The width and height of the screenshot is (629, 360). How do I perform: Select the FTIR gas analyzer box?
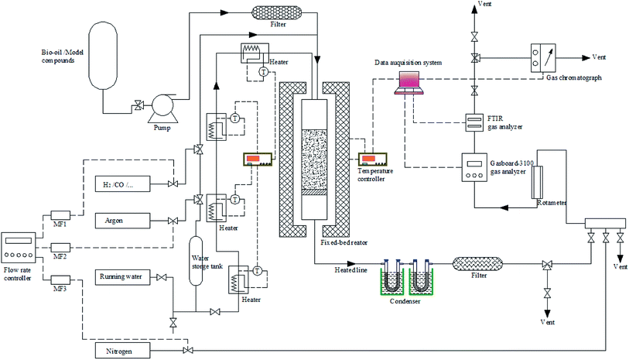(x=474, y=122)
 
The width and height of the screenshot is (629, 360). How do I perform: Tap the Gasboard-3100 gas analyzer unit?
(x=474, y=166)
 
